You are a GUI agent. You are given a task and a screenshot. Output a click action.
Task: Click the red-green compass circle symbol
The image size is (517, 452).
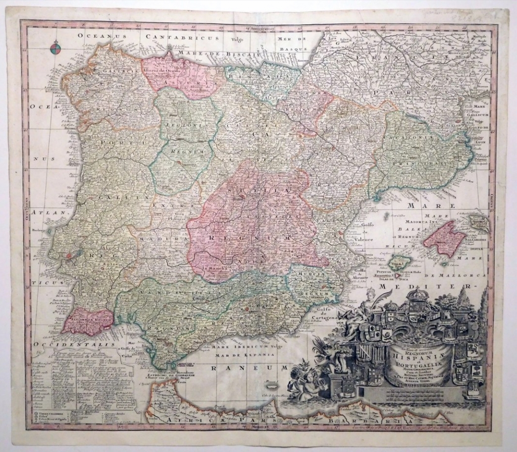click(x=55, y=49)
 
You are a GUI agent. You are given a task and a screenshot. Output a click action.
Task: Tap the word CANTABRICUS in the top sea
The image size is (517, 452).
click(x=182, y=37)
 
